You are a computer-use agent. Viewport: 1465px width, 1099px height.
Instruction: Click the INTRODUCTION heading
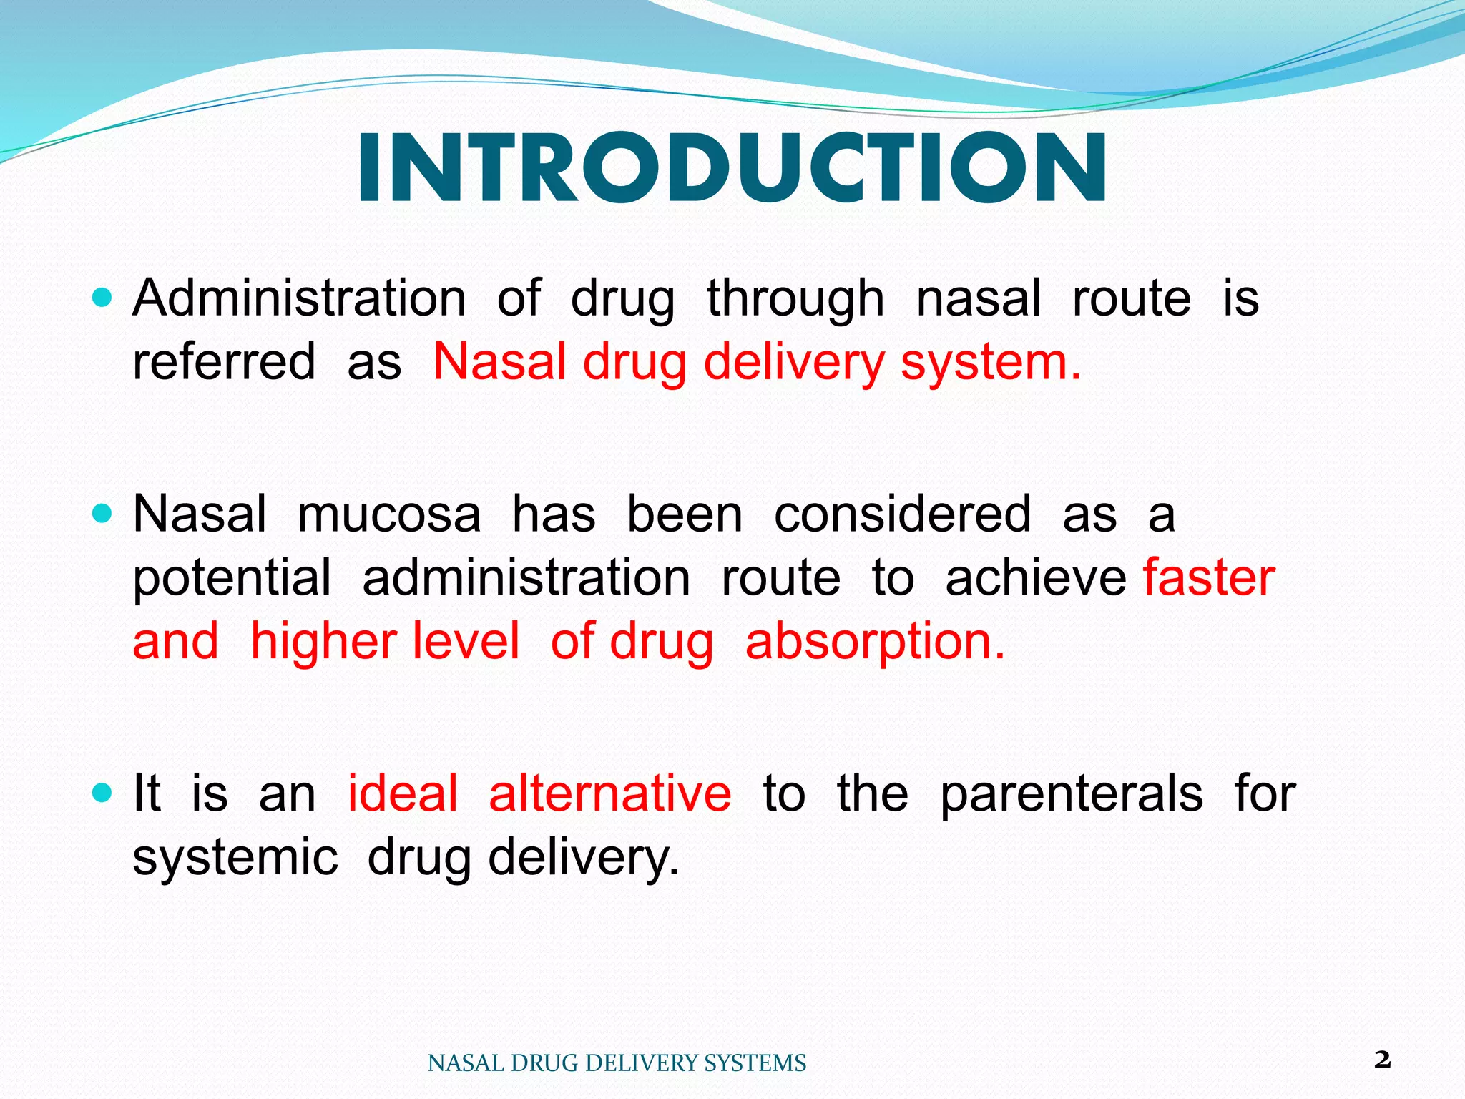(x=732, y=169)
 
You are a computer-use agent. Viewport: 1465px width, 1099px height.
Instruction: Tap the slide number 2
(x=1382, y=1060)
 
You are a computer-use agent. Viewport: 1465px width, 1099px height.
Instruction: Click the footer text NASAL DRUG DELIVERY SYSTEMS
(x=617, y=1063)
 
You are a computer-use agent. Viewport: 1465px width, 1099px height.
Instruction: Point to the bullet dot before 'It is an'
(x=103, y=792)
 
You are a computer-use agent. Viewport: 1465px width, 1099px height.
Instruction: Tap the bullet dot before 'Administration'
(x=103, y=297)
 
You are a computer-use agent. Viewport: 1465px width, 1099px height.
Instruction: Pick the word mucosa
(x=388, y=514)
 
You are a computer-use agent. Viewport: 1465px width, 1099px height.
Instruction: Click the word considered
(x=902, y=514)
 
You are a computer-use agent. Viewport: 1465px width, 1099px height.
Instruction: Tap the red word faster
(x=1209, y=577)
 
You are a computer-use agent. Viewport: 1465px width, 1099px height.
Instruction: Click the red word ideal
(x=402, y=793)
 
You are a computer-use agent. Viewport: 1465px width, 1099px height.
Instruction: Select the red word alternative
(x=609, y=793)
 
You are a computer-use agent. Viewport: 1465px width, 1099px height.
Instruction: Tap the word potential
(x=232, y=579)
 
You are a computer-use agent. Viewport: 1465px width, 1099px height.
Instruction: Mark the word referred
(x=223, y=361)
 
